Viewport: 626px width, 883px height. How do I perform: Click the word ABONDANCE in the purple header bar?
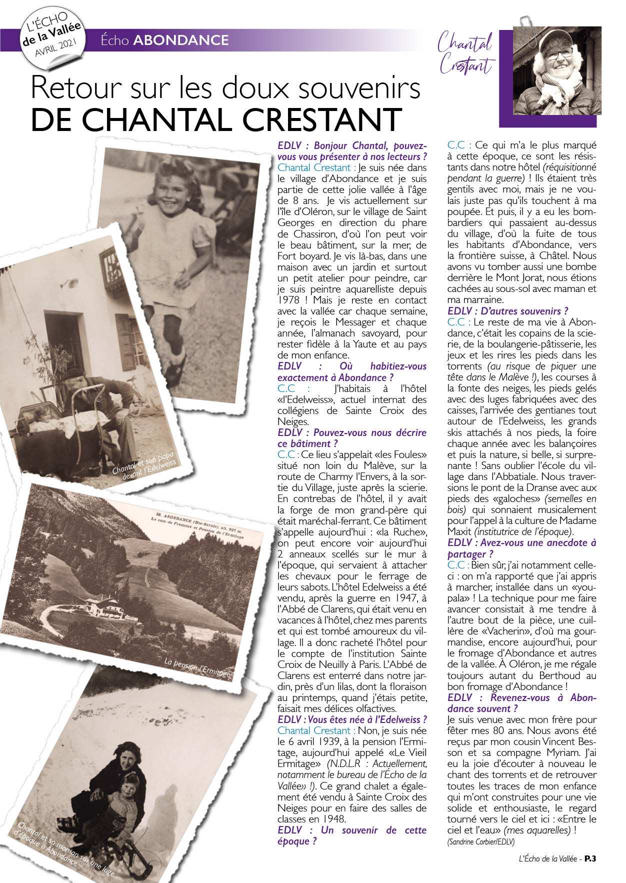coord(180,40)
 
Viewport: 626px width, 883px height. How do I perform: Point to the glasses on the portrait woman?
coord(559,53)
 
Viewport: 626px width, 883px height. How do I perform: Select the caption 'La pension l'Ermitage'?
coord(198,669)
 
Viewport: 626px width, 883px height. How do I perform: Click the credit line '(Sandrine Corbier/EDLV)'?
coord(480,842)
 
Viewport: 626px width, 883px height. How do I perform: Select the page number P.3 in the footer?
coord(590,858)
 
